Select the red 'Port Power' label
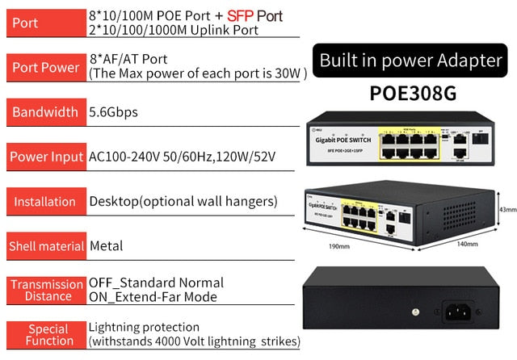click(x=44, y=67)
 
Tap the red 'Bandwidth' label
click(x=44, y=112)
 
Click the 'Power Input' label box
click(x=44, y=157)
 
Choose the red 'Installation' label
click(x=44, y=201)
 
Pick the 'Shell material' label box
click(x=44, y=245)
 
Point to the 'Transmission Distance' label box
click(x=44, y=290)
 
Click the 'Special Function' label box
click(x=44, y=334)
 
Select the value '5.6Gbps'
click(x=113, y=112)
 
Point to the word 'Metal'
click(x=106, y=245)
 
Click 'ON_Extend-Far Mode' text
click(x=153, y=297)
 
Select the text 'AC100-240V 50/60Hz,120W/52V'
click(x=182, y=157)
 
